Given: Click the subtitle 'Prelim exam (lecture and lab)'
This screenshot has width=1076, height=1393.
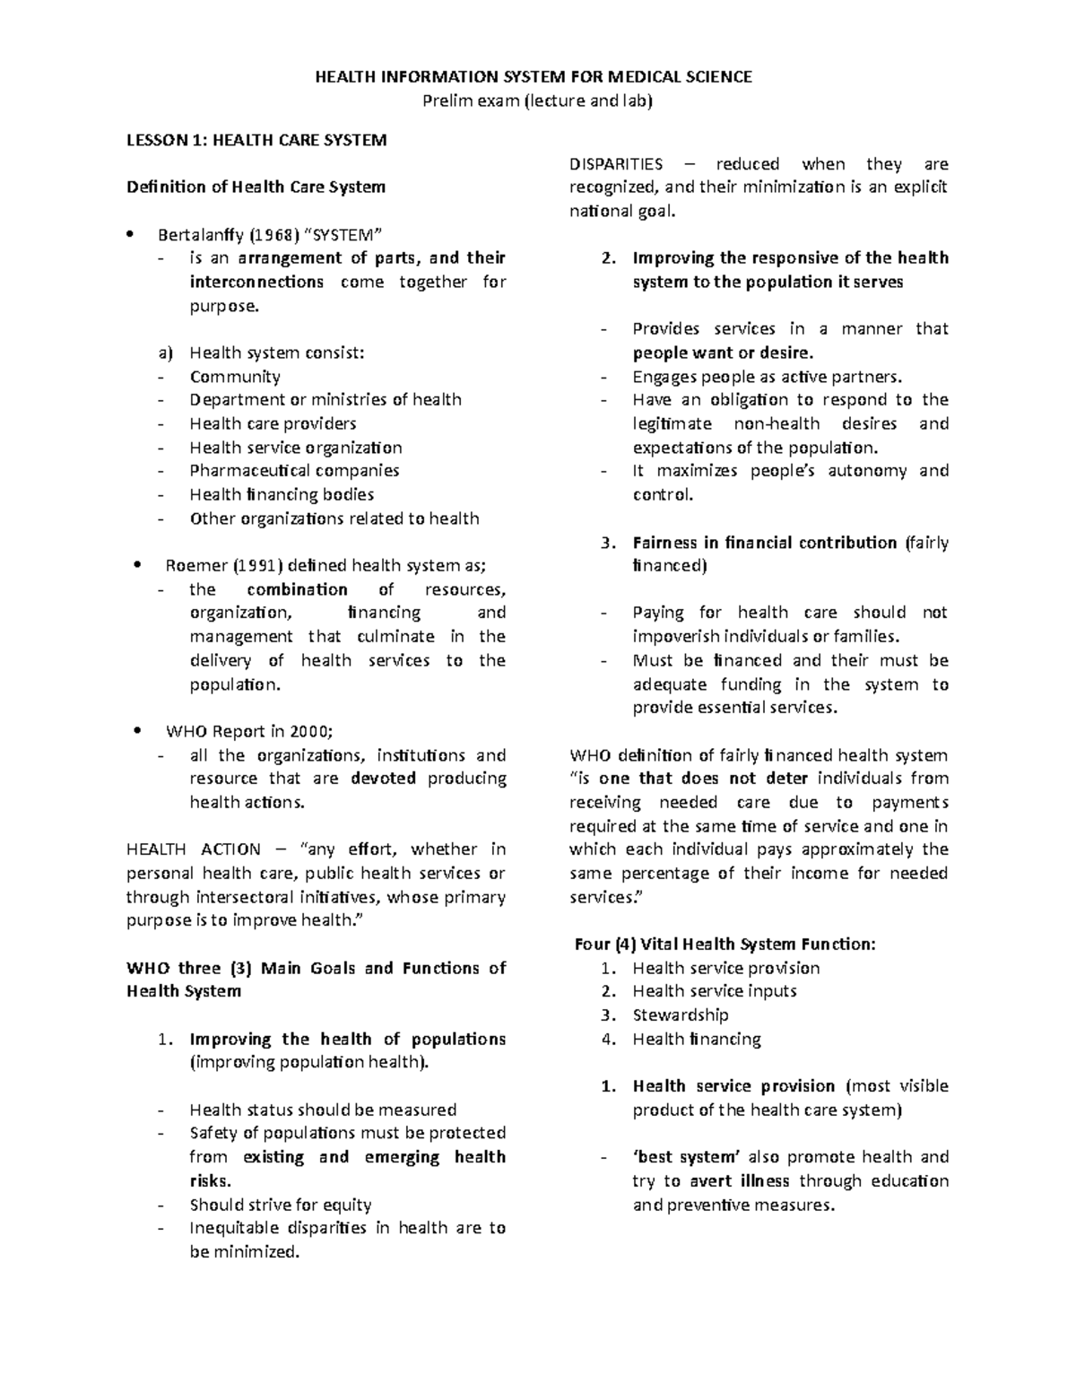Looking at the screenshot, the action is point(538,100).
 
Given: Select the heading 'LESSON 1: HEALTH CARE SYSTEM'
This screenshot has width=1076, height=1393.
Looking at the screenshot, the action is point(256,140).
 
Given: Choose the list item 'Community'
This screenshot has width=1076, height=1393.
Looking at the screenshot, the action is point(235,377).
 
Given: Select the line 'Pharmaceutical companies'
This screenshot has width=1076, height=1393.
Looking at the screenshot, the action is point(294,471).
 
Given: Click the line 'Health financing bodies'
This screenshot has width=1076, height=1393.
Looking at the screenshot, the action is point(282,494).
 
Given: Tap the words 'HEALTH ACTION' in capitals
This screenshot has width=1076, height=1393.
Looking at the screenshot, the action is point(193,849).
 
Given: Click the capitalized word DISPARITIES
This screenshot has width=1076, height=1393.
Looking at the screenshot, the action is point(616,164).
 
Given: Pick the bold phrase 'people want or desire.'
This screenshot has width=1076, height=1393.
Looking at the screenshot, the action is point(723,353).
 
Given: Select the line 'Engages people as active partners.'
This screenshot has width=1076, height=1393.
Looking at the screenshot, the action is point(767,377).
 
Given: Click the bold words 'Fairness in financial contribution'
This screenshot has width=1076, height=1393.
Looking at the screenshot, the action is point(764,543).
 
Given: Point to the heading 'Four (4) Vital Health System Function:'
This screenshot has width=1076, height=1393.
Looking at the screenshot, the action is point(725,945).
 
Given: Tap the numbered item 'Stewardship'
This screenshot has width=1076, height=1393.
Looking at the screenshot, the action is point(680,1015).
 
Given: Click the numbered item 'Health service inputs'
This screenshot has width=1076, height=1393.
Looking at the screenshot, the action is point(714,991).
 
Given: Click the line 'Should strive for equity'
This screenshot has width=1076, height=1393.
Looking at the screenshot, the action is point(280,1205).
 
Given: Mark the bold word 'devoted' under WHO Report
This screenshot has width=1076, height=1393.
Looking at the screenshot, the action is point(383,779).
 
